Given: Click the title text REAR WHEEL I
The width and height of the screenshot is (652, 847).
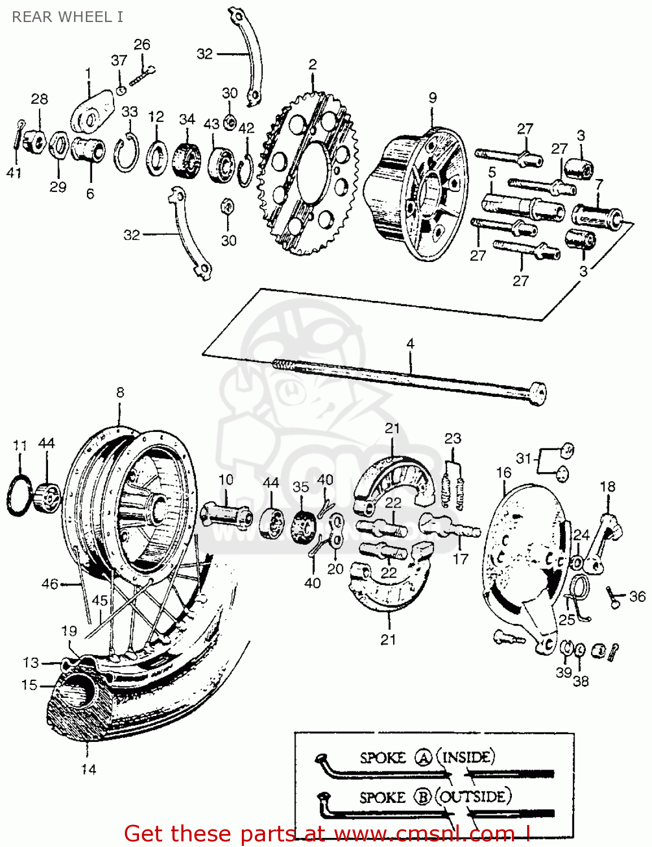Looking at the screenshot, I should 67,17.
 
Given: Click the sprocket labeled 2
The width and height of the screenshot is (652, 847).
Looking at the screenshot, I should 308,175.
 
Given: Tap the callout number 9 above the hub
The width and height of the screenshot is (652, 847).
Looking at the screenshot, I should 432,98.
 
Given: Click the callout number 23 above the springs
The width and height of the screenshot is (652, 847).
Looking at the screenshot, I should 453,439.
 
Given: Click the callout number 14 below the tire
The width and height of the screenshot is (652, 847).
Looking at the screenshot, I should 89,769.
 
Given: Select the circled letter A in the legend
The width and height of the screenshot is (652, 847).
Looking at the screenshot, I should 424,757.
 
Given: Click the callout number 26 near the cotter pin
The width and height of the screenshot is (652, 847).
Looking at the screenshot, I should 142,45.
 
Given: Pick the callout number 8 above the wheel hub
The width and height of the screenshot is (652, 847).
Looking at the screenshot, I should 120,392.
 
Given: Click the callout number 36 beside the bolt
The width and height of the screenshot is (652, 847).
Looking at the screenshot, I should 637,596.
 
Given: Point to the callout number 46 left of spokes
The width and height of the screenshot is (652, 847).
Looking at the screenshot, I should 50,584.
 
